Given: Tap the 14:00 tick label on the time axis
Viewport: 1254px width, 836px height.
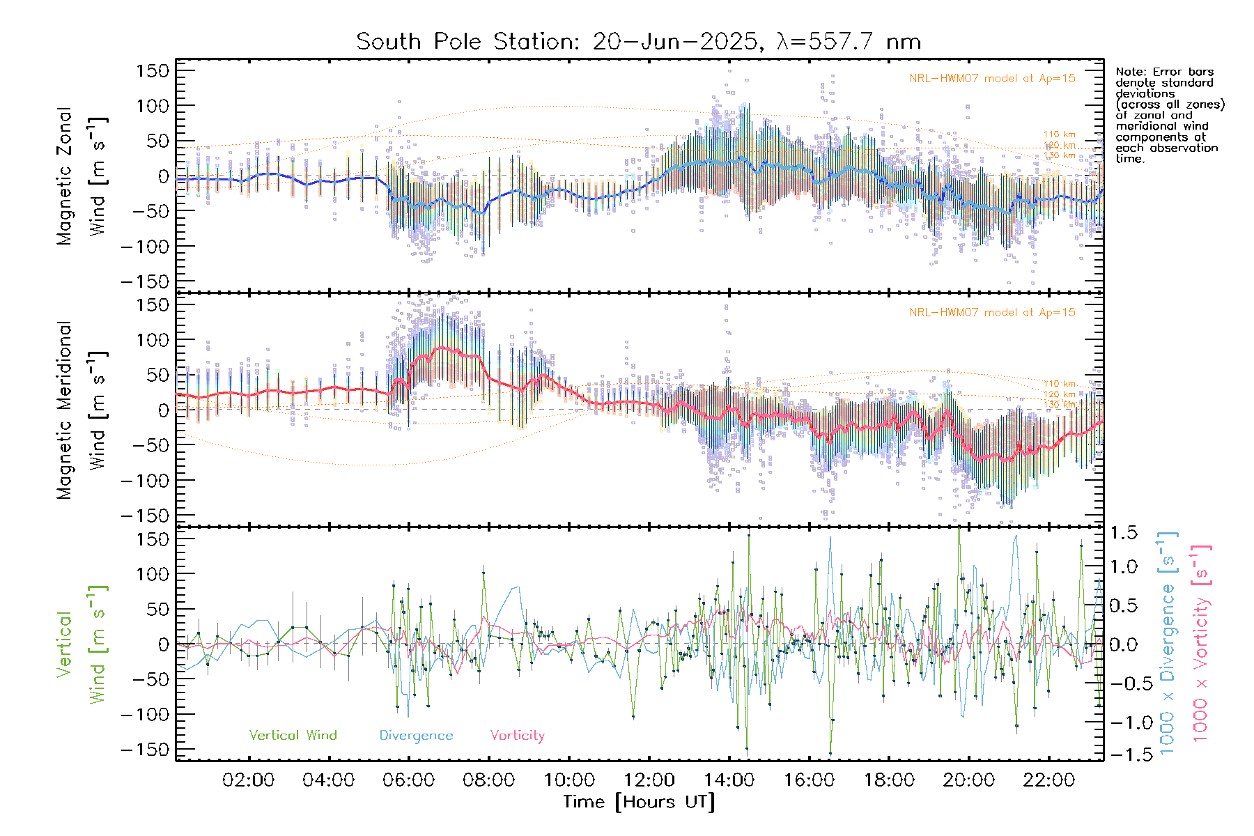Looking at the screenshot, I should tap(729, 780).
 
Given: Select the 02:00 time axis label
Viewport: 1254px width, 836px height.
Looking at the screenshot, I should tap(248, 780).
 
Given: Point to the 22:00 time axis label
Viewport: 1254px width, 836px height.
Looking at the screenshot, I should tap(1049, 780).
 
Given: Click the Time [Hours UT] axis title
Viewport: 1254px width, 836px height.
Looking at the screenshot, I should tap(639, 802).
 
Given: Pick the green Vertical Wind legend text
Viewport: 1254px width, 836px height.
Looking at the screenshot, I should tap(293, 735).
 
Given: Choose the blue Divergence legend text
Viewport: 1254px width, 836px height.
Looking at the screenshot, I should tap(416, 735).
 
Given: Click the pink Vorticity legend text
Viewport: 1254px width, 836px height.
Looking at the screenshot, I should tap(517, 735).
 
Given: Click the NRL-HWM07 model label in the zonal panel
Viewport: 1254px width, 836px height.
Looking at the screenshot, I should tap(992, 79).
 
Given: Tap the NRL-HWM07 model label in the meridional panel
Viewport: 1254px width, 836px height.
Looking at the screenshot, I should tap(992, 313).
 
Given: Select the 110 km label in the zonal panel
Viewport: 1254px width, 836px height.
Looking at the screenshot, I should tap(1059, 134).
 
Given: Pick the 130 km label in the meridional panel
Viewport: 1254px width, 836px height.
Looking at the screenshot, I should tap(1059, 405).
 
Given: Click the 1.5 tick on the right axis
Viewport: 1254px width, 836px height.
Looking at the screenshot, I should tap(1123, 533).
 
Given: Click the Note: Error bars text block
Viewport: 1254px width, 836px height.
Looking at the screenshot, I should tap(1169, 115).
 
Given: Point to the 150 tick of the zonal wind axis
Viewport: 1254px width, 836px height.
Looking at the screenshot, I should tap(153, 70).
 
